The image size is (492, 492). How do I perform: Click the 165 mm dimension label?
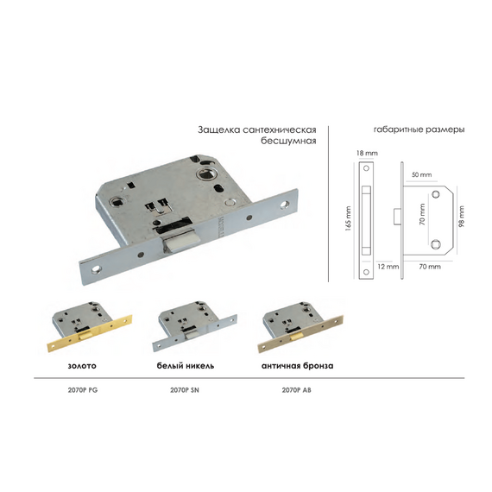click(x=348, y=218)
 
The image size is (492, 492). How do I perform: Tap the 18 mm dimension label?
click(x=367, y=153)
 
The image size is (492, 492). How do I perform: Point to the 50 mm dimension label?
click(x=421, y=174)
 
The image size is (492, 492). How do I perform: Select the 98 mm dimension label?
click(x=462, y=216)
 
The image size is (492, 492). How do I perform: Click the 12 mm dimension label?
click(x=388, y=267)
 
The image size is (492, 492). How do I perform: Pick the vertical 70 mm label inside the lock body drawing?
click(x=422, y=214)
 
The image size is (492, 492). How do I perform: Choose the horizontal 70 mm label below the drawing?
click(x=430, y=267)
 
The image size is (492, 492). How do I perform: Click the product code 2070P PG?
click(x=83, y=390)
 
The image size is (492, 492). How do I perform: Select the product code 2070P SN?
click(x=185, y=390)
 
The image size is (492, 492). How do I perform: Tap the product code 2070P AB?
click(x=297, y=390)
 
